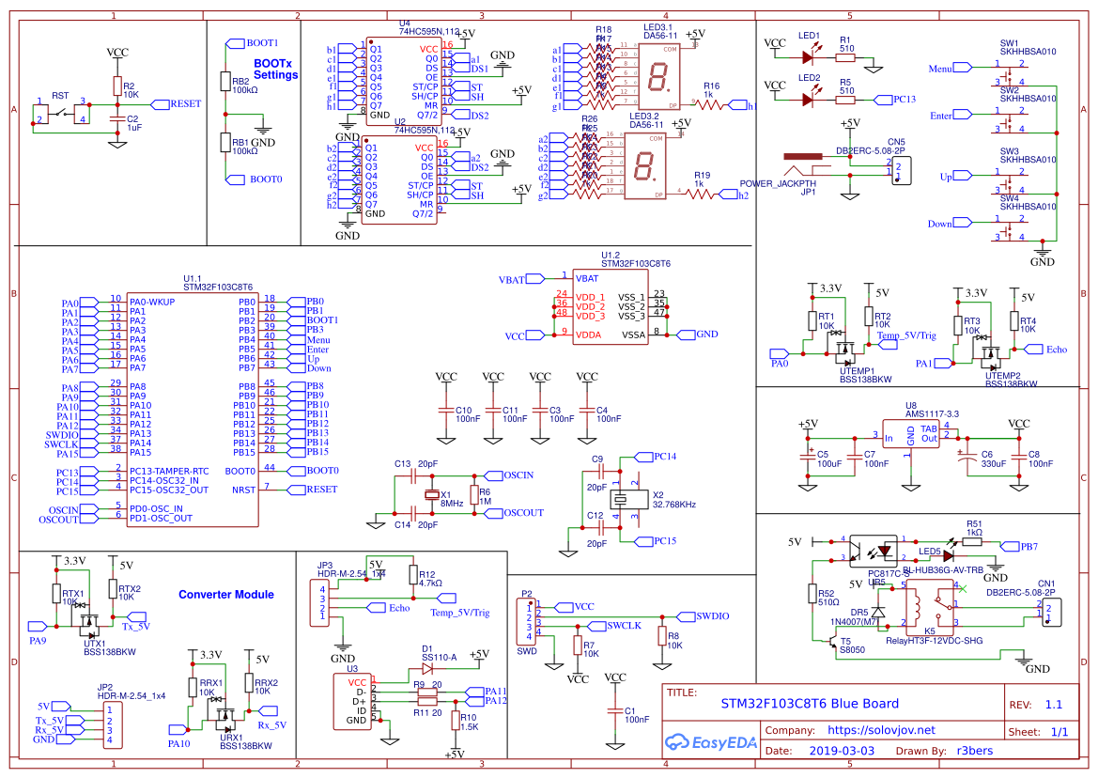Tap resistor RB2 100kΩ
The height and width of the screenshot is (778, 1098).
click(x=225, y=82)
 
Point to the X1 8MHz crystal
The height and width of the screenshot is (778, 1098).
click(x=433, y=495)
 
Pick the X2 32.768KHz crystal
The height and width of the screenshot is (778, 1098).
click(x=625, y=500)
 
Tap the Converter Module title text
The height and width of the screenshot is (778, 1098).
click(x=225, y=594)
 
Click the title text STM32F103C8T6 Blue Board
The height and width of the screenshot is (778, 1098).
click(x=809, y=703)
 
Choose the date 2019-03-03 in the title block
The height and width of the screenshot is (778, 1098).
click(x=841, y=751)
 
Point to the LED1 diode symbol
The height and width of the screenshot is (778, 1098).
click(x=809, y=43)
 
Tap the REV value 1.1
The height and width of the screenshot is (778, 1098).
click(x=1053, y=704)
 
